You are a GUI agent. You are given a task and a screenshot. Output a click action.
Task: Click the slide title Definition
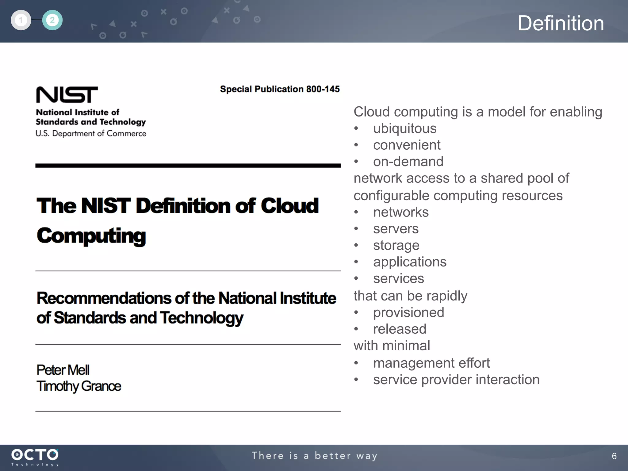(x=561, y=23)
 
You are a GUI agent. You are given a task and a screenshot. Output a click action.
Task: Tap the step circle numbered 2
(x=52, y=20)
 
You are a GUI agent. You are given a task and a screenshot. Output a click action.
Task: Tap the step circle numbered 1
(x=21, y=20)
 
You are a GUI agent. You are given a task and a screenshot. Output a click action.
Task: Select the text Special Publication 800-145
(x=280, y=89)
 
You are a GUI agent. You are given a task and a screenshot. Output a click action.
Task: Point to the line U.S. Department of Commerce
(x=91, y=134)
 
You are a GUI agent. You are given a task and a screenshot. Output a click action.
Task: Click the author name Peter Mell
(x=63, y=370)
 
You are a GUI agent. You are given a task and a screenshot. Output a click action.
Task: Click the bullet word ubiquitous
(x=405, y=128)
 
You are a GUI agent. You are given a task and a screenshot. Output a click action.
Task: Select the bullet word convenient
(x=407, y=145)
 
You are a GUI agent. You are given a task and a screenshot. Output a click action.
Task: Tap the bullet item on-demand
(x=408, y=162)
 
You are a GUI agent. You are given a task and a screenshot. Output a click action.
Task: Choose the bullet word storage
(x=396, y=245)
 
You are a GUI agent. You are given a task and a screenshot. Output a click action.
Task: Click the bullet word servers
(x=396, y=229)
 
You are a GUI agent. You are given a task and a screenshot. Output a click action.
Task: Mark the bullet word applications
(x=410, y=262)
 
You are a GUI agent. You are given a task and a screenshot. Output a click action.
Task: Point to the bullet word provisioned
(x=408, y=312)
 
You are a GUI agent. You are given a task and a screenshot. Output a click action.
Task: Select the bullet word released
(x=400, y=329)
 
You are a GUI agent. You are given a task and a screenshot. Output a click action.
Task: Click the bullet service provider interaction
(x=456, y=380)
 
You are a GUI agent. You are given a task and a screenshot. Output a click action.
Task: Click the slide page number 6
(x=614, y=456)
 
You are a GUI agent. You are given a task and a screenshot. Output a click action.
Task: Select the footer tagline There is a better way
(x=315, y=456)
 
